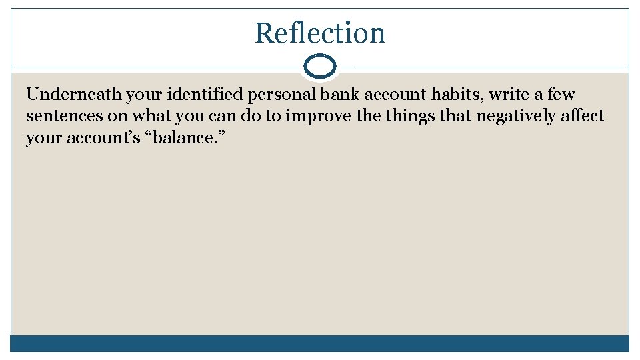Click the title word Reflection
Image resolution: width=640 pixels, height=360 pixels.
click(320, 33)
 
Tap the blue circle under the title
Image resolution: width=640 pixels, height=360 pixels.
click(320, 67)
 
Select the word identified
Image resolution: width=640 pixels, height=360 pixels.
click(206, 95)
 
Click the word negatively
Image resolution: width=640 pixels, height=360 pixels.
click(516, 116)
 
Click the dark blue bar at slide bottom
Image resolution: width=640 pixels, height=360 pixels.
click(320, 343)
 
